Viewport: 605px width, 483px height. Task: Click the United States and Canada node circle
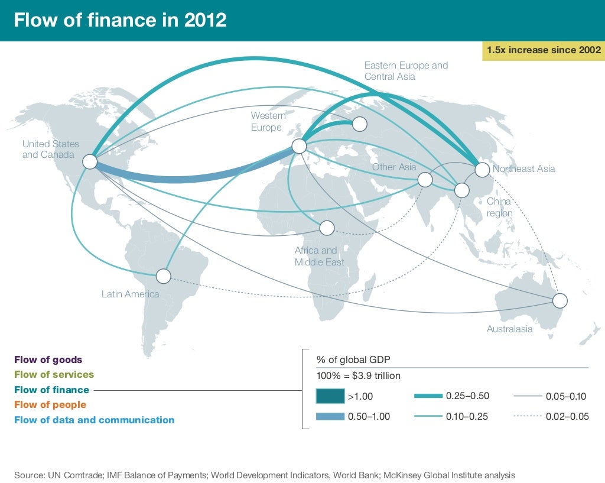tap(90, 161)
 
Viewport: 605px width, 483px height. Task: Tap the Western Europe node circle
tap(299, 145)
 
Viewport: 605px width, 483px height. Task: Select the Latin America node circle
tap(163, 275)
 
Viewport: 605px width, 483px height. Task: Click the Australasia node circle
tap(560, 300)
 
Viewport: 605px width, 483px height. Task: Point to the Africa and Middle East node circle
tap(327, 228)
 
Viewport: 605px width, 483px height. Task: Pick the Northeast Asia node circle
tap(482, 170)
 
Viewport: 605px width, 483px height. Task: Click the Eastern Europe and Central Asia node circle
tap(359, 124)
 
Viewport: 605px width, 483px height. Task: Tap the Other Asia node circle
tap(425, 179)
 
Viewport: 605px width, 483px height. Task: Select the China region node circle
tap(461, 190)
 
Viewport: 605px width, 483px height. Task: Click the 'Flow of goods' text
tap(48, 359)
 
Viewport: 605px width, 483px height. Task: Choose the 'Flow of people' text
tap(50, 405)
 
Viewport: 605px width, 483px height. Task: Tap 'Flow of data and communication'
tap(95, 420)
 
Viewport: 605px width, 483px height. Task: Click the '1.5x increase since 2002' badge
tap(543, 50)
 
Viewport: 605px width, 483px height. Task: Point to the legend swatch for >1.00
tap(330, 396)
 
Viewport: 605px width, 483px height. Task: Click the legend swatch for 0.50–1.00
tap(330, 416)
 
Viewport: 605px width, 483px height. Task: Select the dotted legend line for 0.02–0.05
tap(536, 416)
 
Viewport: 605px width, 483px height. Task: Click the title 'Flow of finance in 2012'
tap(120, 20)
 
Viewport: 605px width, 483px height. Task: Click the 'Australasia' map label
tap(509, 329)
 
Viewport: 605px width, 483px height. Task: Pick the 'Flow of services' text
tap(54, 374)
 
